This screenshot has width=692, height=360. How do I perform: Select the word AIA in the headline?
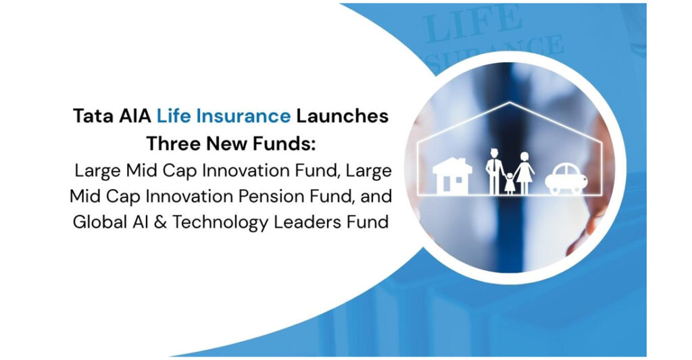[x=132, y=115]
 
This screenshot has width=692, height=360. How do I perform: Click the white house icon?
[x=452, y=175]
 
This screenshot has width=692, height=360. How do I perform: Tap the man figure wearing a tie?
[x=493, y=170]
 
